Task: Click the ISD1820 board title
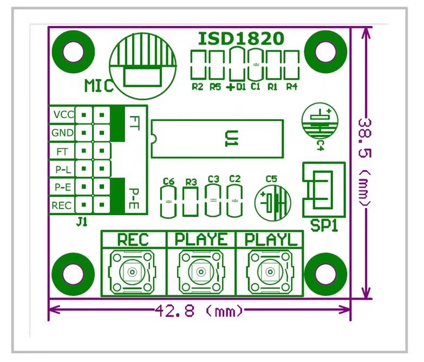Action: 241,38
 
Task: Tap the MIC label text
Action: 99,86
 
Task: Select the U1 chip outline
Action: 152,139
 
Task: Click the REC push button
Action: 132,271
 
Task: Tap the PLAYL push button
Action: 270,271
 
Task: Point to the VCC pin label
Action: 63,115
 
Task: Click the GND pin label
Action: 62,133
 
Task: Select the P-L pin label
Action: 63,170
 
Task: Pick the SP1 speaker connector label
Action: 324,225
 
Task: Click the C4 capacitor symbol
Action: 320,121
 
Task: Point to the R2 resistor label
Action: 198,87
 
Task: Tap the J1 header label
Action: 82,223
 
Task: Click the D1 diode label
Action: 241,87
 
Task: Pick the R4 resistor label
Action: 292,87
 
